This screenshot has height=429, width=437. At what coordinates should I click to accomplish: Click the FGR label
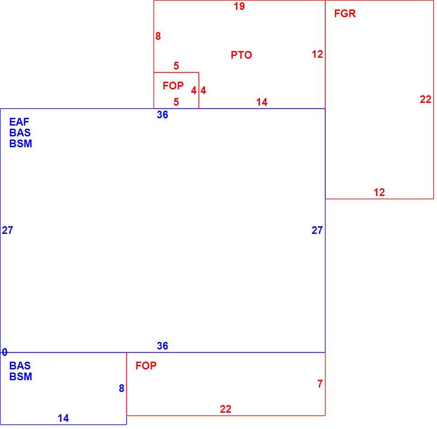coord(345,14)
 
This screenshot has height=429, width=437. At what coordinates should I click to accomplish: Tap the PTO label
coord(242,55)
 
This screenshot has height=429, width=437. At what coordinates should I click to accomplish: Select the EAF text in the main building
coord(19,122)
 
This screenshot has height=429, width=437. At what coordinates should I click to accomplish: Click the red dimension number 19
coord(239,6)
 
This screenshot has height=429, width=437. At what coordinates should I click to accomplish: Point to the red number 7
coord(320,384)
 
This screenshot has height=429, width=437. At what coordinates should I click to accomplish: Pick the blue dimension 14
coord(63,418)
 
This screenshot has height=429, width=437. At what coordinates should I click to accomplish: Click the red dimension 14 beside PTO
coord(262,102)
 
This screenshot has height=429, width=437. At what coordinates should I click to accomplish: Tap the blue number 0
coord(5,352)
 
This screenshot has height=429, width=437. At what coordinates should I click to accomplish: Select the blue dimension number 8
coord(121,388)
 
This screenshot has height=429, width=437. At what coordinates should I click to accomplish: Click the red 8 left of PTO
coord(158,36)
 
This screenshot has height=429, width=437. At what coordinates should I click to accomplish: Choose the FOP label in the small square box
coord(173,86)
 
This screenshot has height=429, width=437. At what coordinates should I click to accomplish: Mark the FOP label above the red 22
coord(146,366)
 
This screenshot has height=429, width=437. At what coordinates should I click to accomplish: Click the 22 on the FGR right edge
coord(426,99)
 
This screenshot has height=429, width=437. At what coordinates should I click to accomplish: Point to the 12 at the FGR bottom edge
coord(379,192)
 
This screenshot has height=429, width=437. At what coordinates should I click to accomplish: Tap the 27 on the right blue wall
coord(317,230)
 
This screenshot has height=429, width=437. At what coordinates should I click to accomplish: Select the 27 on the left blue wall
coord(8,230)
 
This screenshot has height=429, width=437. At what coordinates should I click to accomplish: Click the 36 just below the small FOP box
coord(163,115)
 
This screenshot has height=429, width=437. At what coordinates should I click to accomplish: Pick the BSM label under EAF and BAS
coord(21,144)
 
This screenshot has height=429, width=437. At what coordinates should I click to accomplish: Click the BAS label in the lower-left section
coord(20,365)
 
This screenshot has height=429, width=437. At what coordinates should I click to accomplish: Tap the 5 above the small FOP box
coord(176,66)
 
